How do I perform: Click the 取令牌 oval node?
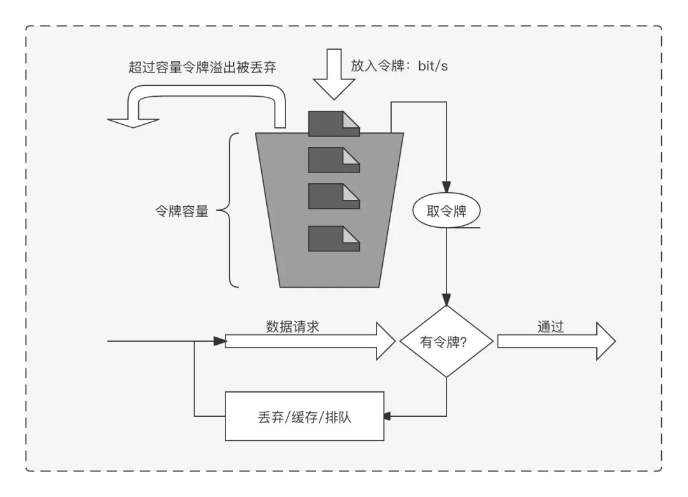pyautogui.click(x=447, y=211)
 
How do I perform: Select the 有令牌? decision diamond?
pyautogui.click(x=446, y=342)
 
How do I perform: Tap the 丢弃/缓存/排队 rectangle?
pyautogui.click(x=305, y=417)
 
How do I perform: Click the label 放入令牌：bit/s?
pyautogui.click(x=399, y=66)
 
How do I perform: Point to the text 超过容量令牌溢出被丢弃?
pyautogui.click(x=203, y=67)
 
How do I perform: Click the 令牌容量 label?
pyautogui.click(x=182, y=212)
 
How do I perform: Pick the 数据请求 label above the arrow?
pyautogui.click(x=292, y=327)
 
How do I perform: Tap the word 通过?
pyautogui.click(x=550, y=327)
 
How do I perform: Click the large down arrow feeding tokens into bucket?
pyautogui.click(x=333, y=74)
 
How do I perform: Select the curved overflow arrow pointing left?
pyautogui.click(x=197, y=102)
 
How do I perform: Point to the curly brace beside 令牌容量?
pyautogui.click(x=231, y=210)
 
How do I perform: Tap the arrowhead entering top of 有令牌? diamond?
pyautogui.click(x=447, y=300)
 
